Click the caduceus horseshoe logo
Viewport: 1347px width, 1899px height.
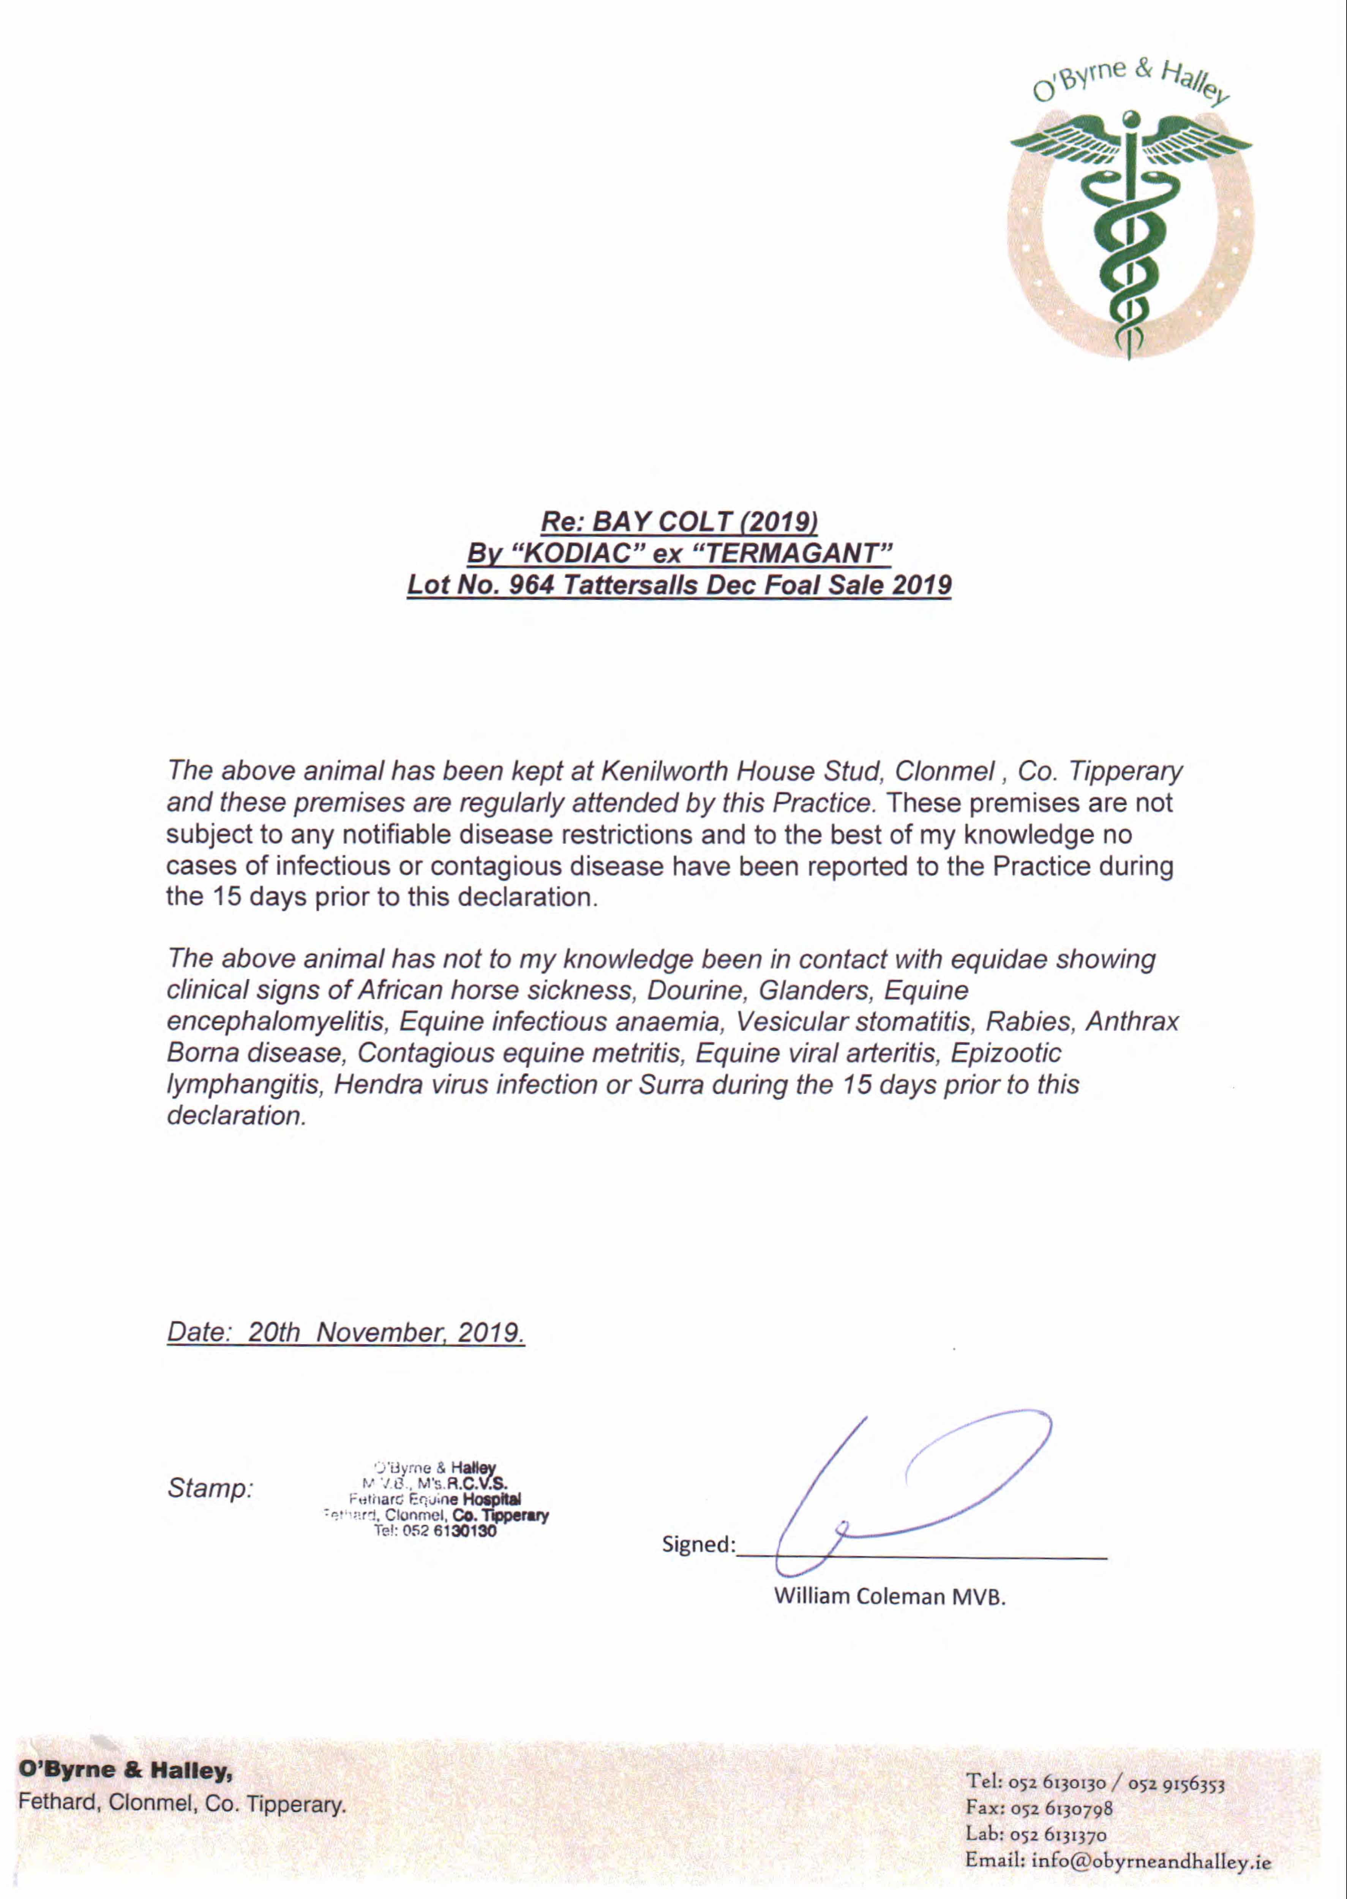(x=1130, y=216)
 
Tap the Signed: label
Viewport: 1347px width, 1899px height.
(x=698, y=1545)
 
